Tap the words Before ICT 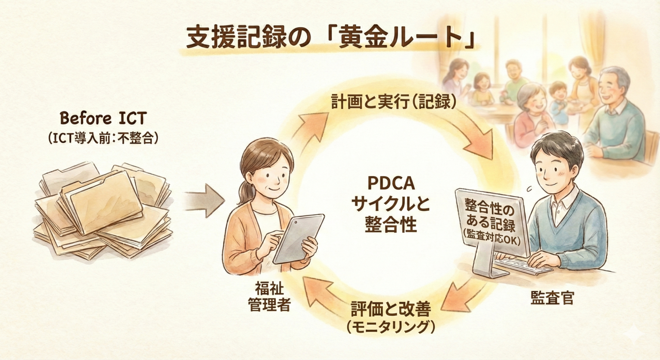click(103, 118)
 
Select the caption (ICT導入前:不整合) click(103, 138)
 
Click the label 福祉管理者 click(269, 297)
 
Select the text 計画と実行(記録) click(395, 102)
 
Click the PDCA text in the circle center click(390, 183)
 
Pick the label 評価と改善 click(391, 309)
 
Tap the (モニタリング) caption click(391, 327)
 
